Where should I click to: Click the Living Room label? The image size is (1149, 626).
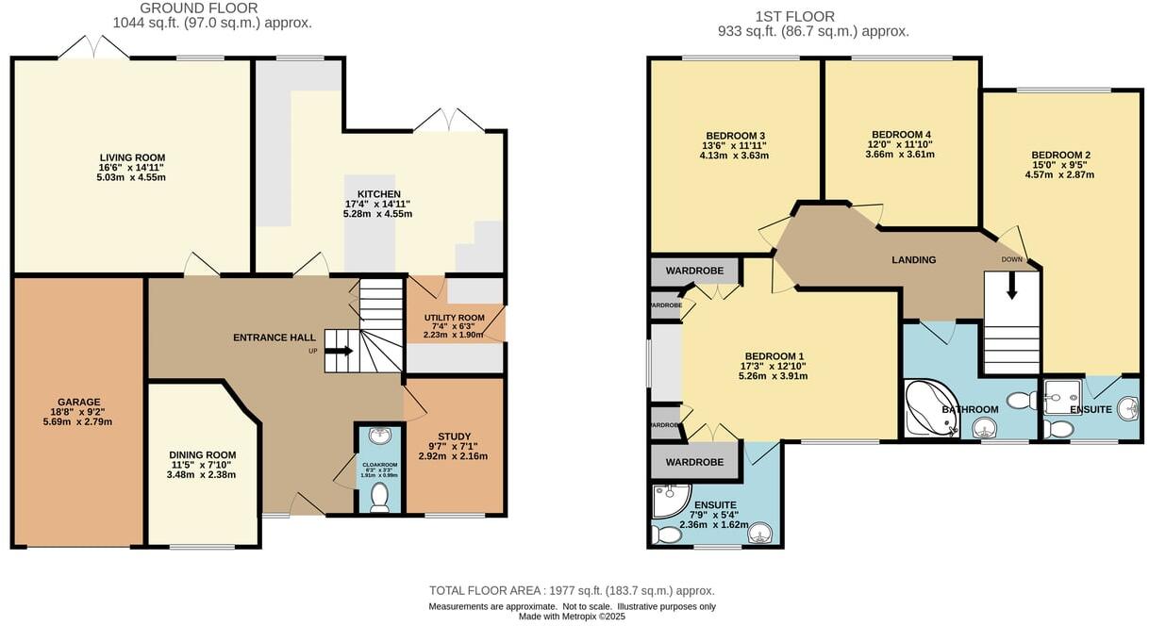[x=132, y=157]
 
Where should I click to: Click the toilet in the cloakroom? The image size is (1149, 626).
[x=379, y=496]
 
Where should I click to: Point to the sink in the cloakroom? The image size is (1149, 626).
[x=379, y=437]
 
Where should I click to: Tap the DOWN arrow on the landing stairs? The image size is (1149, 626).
[x=1011, y=286]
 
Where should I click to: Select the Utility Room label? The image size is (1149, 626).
[x=454, y=318]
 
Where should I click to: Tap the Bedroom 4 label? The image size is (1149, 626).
[x=901, y=134]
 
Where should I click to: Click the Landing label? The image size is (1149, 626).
[x=913, y=260]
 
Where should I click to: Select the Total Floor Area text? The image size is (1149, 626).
[x=578, y=590]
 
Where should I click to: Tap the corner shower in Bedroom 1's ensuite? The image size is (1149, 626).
[x=671, y=501]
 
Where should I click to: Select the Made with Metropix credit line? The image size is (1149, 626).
[x=572, y=617]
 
